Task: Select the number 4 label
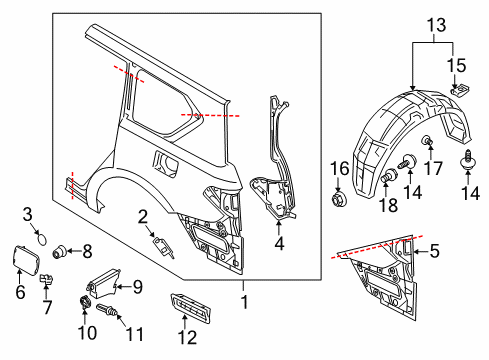point(280,241)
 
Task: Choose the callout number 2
point(143,215)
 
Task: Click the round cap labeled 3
point(42,237)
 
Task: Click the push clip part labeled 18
point(385,179)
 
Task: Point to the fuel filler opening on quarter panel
point(165,158)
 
